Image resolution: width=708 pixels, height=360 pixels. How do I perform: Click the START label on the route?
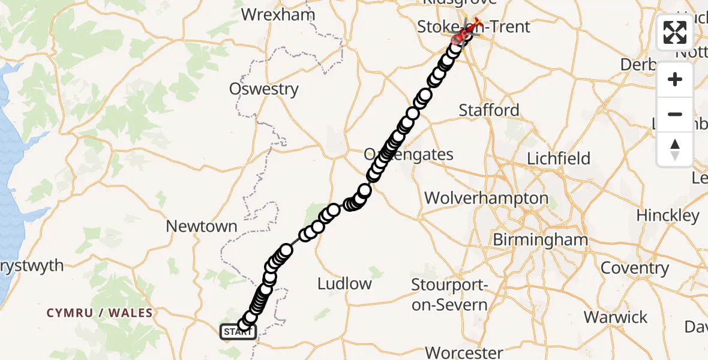(238, 331)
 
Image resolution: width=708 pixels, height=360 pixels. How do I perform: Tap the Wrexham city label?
(278, 14)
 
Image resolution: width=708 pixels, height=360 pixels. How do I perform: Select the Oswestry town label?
(264, 89)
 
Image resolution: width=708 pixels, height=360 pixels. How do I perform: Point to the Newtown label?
(202, 226)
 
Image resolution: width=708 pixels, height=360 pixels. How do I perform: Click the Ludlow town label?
(344, 283)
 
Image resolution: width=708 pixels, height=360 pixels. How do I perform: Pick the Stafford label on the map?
(489, 110)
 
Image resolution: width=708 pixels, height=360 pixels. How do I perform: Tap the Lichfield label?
(559, 158)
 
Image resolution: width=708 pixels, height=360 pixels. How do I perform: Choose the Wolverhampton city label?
(486, 198)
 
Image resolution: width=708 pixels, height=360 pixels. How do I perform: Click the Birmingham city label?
(540, 240)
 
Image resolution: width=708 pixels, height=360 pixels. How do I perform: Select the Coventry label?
(634, 268)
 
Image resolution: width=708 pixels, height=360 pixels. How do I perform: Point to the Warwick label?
(616, 317)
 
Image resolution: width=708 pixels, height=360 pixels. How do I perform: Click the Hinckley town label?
(668, 215)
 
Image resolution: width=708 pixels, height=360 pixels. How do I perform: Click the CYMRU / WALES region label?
(100, 313)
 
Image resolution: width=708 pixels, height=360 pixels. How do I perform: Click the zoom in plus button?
(675, 80)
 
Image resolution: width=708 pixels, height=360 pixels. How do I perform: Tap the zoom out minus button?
(675, 114)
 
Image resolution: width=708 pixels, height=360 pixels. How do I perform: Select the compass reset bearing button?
(675, 149)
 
